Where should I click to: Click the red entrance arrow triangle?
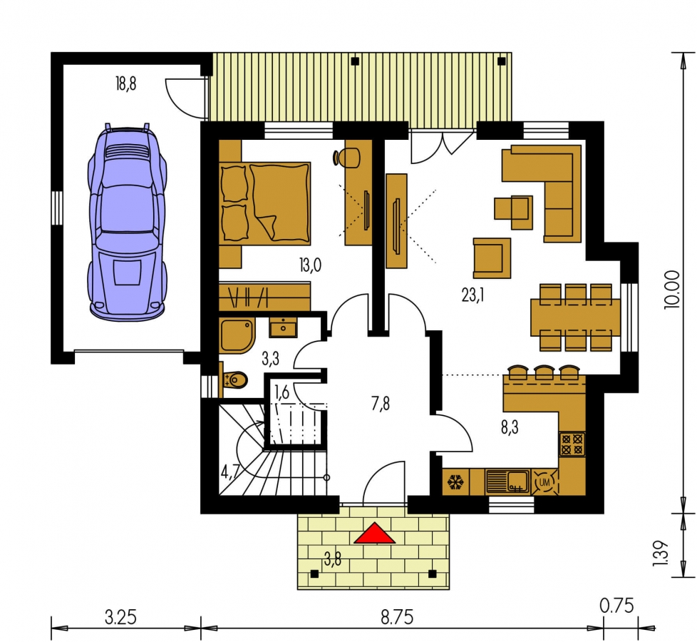pyautogui.click(x=374, y=534)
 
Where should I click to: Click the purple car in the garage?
pyautogui.click(x=127, y=222)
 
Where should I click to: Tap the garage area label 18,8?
pyautogui.click(x=126, y=83)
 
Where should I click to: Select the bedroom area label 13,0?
pyautogui.click(x=310, y=265)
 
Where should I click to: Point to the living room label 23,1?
pyautogui.click(x=473, y=295)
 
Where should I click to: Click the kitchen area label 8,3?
pyautogui.click(x=510, y=428)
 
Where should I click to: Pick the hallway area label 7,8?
pyautogui.click(x=381, y=404)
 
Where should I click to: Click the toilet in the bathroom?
pyautogui.click(x=234, y=380)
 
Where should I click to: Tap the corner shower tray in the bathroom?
pyautogui.click(x=237, y=335)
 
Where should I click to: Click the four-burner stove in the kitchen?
pyautogui.click(x=572, y=444)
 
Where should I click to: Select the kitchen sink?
pyautogui.click(x=508, y=481)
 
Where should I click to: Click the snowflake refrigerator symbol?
pyautogui.click(x=455, y=482)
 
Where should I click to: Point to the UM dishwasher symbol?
pyautogui.click(x=544, y=482)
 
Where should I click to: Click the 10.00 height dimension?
pyautogui.click(x=673, y=289)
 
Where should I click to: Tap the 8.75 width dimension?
pyautogui.click(x=397, y=618)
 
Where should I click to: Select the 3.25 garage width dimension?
pyautogui.click(x=120, y=618)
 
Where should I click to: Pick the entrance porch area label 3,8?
pyautogui.click(x=333, y=559)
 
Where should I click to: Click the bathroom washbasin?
pyautogui.click(x=283, y=328)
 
